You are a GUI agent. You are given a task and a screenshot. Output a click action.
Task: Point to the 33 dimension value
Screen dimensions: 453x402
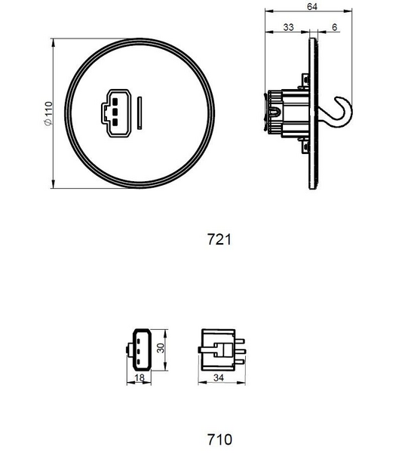[x=287, y=27]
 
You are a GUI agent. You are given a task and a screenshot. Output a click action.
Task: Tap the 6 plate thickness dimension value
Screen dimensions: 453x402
[x=334, y=27]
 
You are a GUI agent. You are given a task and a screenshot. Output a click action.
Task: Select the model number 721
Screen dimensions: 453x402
[x=217, y=239]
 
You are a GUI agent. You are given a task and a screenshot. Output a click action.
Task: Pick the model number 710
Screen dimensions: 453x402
[x=219, y=439]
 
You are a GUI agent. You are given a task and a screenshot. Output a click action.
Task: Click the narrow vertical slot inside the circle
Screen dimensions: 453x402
[x=140, y=113]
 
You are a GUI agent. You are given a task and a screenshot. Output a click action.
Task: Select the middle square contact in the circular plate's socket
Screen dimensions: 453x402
[x=114, y=113]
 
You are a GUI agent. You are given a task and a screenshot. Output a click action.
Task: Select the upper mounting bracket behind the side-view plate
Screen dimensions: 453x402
[x=305, y=79]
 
